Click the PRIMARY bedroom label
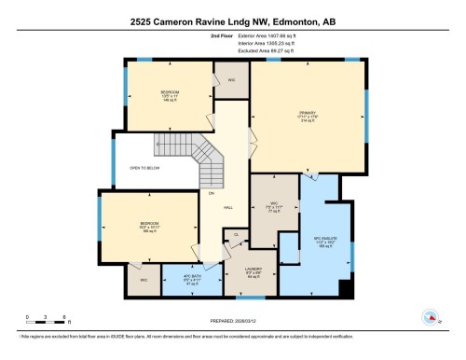308,113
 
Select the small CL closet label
237,234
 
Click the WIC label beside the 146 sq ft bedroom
231,80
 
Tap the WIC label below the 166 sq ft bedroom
144,281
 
